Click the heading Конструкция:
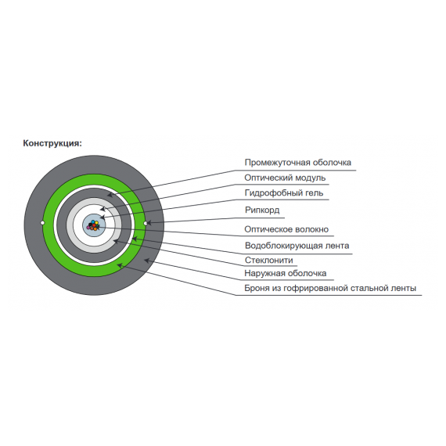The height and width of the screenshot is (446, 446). [x=52, y=143]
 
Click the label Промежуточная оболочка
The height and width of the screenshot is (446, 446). [x=298, y=163]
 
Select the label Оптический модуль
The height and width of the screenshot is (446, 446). [x=285, y=178]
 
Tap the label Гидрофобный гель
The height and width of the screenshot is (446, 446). [x=284, y=192]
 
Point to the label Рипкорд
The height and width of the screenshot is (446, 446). [x=262, y=210]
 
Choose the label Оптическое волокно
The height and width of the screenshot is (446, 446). [x=286, y=229]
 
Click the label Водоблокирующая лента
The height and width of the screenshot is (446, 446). [x=297, y=246]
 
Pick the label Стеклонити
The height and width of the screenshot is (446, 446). [x=269, y=260]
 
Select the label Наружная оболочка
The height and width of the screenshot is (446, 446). [x=286, y=273]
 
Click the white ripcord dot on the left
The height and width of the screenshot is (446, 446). [x=43, y=223]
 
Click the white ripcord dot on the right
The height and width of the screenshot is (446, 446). [x=146, y=223]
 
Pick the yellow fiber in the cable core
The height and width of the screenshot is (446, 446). [x=96, y=222]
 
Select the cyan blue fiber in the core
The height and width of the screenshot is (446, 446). [x=93, y=221]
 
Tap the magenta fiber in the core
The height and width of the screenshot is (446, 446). [x=88, y=227]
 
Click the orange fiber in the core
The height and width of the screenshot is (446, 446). [x=94, y=228]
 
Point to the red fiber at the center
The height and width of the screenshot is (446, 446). [x=94, y=225]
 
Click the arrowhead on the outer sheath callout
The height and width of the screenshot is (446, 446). [x=147, y=260]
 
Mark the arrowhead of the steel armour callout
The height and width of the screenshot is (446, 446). [x=120, y=265]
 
